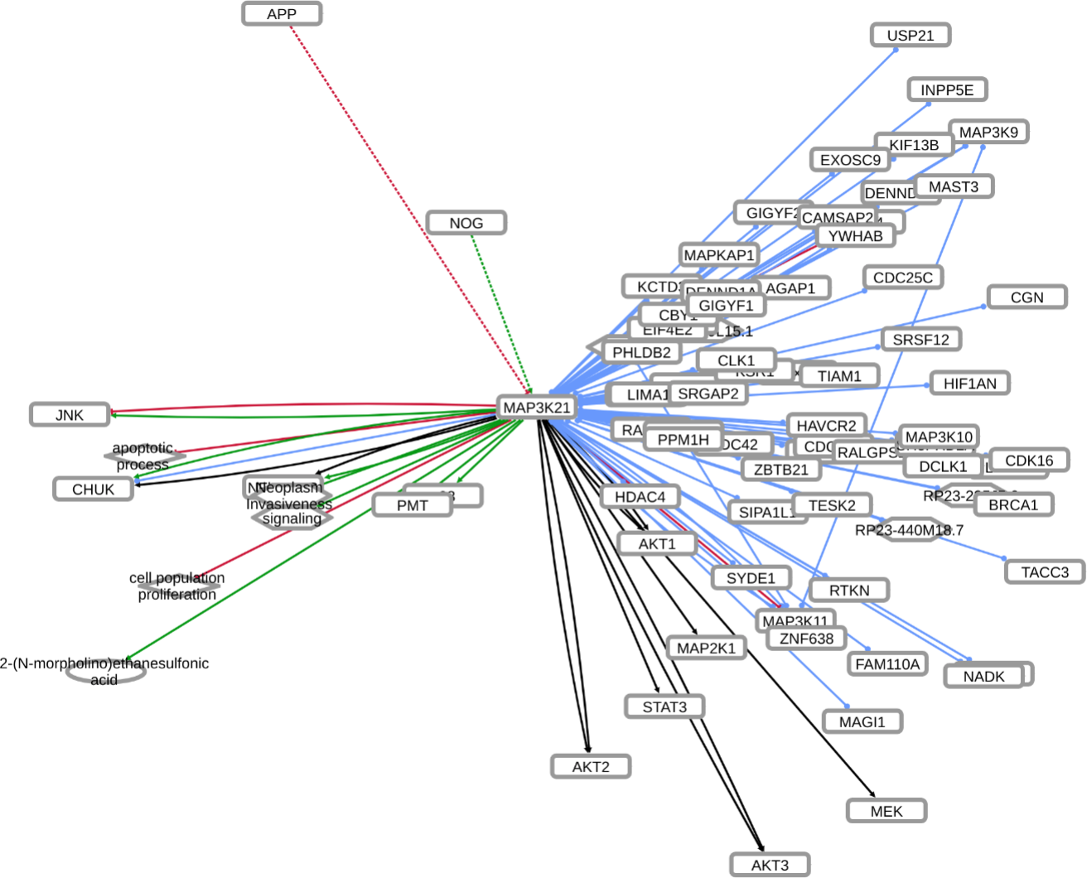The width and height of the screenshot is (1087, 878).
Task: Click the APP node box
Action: (x=282, y=14)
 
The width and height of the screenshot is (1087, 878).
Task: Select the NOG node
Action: (x=466, y=223)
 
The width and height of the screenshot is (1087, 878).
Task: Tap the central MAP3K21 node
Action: (x=537, y=408)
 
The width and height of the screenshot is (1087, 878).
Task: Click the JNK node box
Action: (x=70, y=415)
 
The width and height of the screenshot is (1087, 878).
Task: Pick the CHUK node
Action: (x=93, y=490)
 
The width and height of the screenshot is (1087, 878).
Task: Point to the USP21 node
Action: (x=910, y=36)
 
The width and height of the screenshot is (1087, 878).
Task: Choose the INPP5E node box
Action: (x=947, y=89)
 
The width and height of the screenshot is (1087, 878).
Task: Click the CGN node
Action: (x=1027, y=297)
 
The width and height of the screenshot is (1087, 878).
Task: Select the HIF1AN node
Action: (x=969, y=384)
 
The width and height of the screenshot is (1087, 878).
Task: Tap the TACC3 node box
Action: (x=1044, y=572)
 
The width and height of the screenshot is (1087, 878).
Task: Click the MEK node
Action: (x=886, y=811)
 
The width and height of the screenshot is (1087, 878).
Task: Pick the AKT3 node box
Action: (x=770, y=865)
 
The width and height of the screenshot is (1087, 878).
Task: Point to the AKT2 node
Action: (x=591, y=767)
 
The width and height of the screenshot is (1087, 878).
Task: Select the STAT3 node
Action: (x=664, y=707)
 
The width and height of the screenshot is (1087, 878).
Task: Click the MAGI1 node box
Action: (x=862, y=722)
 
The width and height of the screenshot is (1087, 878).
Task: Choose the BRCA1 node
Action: (x=1012, y=505)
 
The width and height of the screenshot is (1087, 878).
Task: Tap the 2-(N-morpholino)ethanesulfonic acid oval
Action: (x=105, y=672)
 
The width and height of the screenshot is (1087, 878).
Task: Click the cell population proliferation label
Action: (x=176, y=586)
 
